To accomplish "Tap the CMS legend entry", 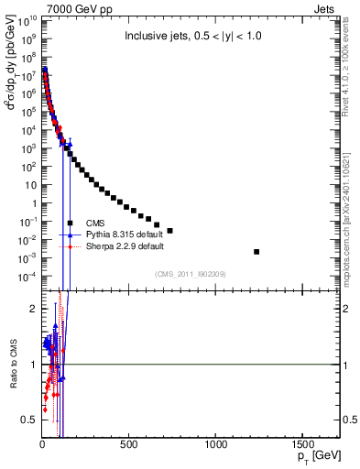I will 96,223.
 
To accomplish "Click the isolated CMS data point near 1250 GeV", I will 256,251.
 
